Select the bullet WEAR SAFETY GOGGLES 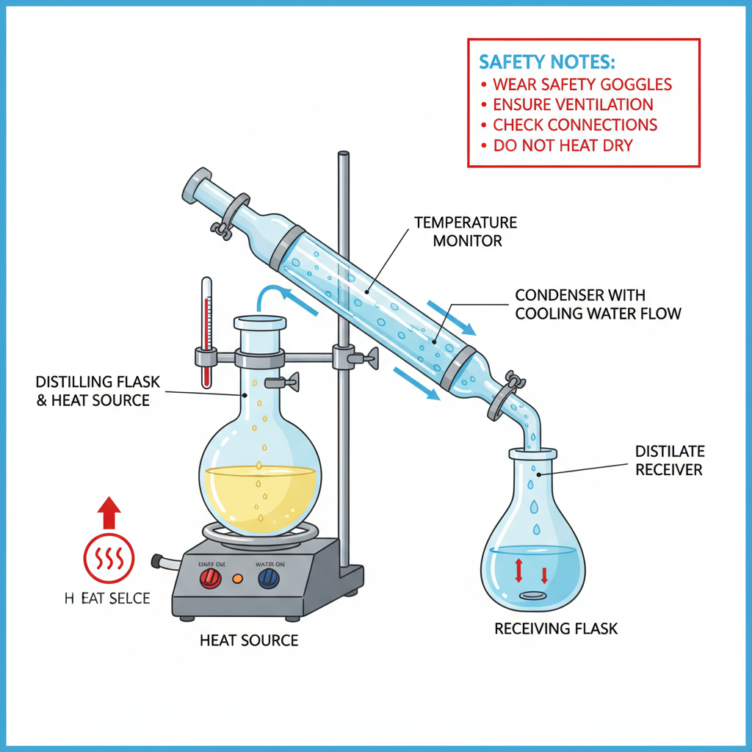(x=582, y=84)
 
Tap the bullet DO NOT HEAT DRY (x=562, y=145)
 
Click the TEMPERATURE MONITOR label (x=466, y=231)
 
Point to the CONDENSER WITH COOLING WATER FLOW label (x=598, y=305)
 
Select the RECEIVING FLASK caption (x=556, y=629)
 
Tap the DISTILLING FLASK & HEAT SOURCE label (x=93, y=391)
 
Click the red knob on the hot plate (x=211, y=579)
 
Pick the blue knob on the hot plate (x=268, y=579)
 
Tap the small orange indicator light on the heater (x=237, y=579)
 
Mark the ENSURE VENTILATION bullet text (x=573, y=105)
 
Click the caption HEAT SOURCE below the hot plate (x=249, y=640)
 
